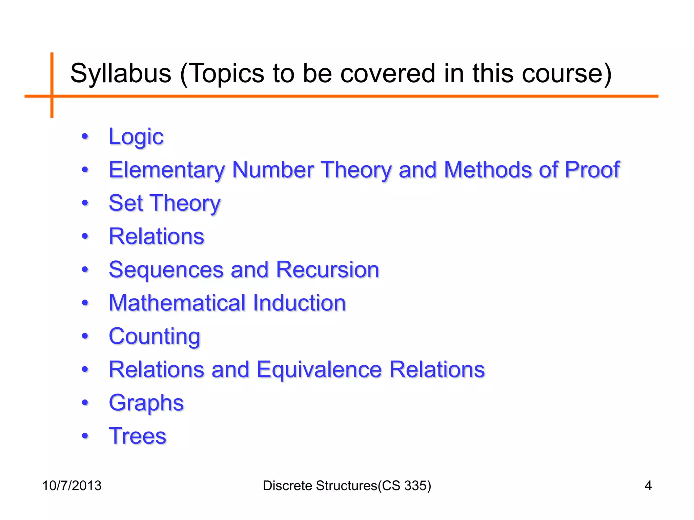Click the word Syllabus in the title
[x=121, y=74]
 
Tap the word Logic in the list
[x=136, y=137]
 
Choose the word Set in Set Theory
[x=126, y=203]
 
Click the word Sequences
[x=166, y=270]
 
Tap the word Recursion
[x=327, y=270]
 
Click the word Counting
[x=155, y=337]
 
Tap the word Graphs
[x=146, y=403]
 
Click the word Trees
[x=137, y=436]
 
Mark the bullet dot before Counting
[x=85, y=336]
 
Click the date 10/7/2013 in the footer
[x=72, y=486]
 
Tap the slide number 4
[x=648, y=486]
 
